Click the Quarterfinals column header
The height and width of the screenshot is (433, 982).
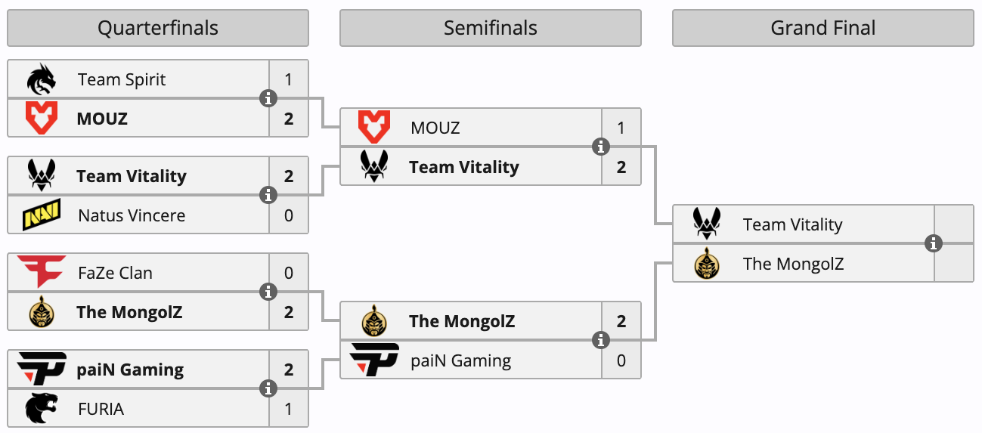point(158,28)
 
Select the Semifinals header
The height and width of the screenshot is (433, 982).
point(491,28)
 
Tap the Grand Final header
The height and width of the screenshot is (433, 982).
point(823,28)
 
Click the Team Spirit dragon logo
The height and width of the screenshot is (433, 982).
point(42,79)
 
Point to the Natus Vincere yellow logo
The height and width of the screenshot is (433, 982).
point(42,215)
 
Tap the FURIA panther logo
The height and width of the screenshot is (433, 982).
point(42,409)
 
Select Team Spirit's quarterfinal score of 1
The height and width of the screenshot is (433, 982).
point(289,80)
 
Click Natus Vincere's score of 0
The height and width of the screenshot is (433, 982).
point(289,215)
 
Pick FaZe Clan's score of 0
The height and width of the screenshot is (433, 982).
point(289,273)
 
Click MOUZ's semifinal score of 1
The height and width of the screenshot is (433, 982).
point(621,128)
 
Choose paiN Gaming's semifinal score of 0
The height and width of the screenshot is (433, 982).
point(621,360)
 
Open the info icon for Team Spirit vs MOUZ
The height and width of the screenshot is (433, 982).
point(268,98)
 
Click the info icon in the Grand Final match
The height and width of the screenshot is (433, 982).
point(934,243)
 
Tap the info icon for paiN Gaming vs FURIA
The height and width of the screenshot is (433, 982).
point(268,388)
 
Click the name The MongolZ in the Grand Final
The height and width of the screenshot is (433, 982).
point(793,264)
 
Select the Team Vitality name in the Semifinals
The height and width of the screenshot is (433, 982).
point(464,167)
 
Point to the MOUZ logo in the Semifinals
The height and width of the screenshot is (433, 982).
point(374,127)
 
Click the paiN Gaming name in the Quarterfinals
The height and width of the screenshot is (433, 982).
point(130,370)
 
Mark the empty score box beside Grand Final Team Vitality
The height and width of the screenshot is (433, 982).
point(953,224)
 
